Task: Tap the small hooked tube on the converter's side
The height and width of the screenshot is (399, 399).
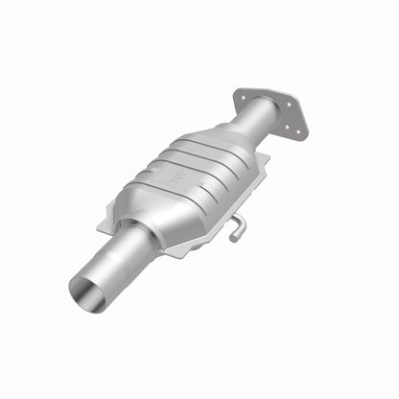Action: (x=235, y=226)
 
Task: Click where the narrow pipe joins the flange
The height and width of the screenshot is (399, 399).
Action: (x=263, y=111)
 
